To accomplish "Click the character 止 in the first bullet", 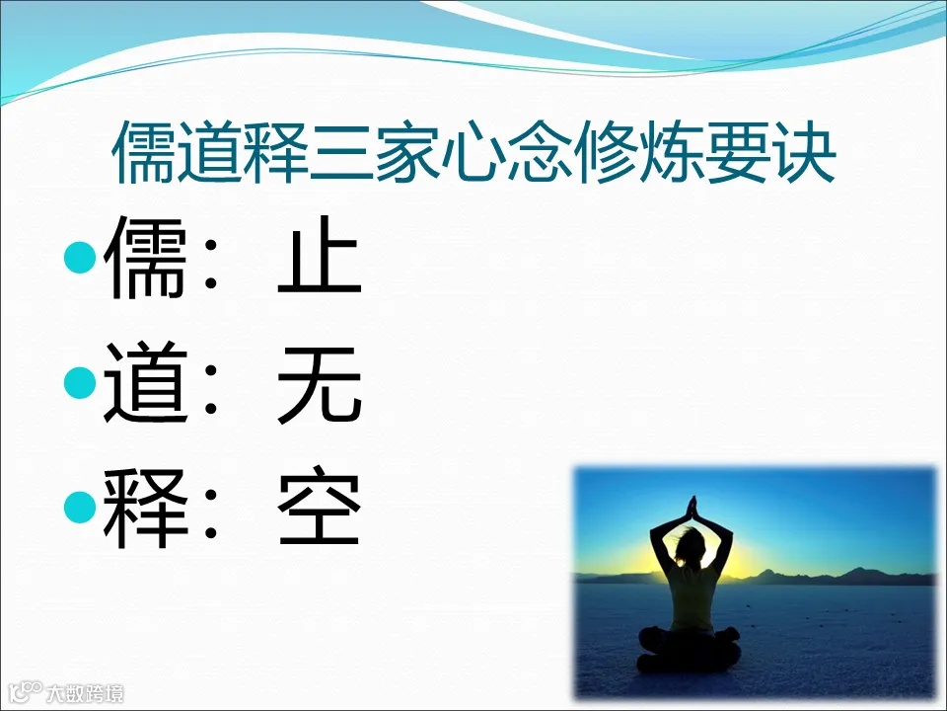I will tap(320, 262).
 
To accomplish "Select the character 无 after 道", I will tap(320, 388).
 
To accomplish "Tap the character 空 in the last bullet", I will tap(320, 512).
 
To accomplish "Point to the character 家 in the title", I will tap(406, 153).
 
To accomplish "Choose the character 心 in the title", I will tap(473, 153).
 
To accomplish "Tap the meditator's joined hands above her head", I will tap(692, 508).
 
